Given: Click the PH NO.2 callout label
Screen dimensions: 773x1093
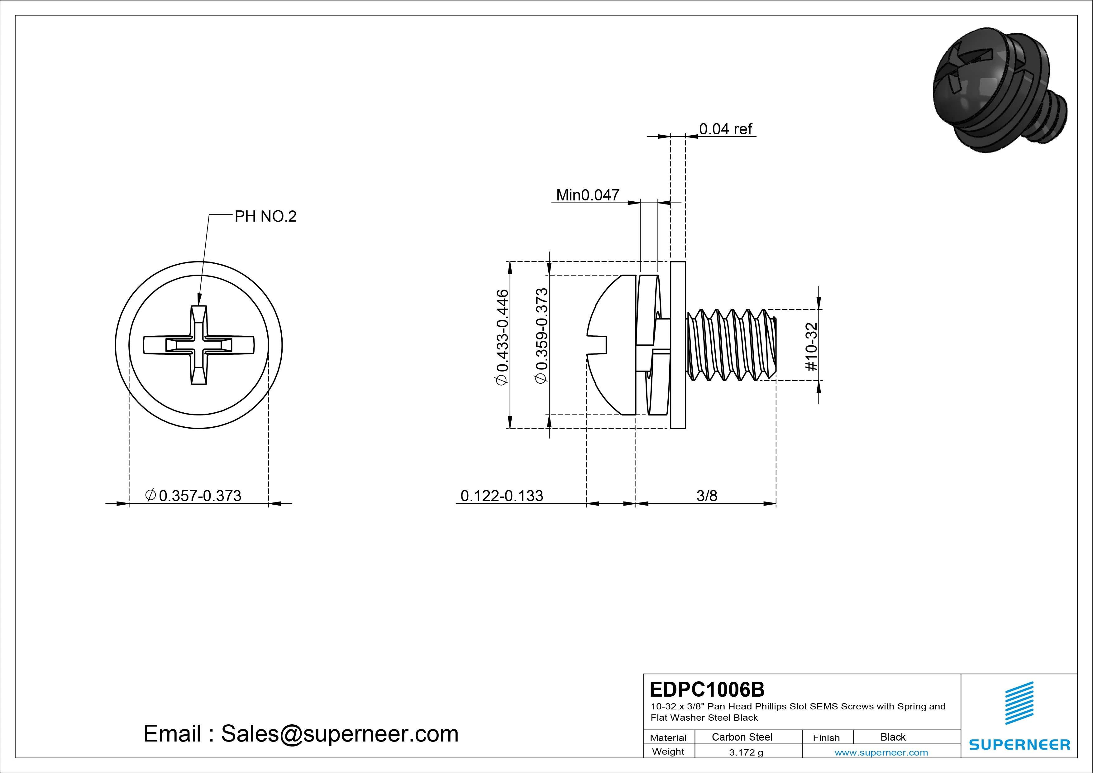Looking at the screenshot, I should point(265,217).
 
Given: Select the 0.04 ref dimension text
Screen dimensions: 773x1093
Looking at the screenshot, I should point(725,129).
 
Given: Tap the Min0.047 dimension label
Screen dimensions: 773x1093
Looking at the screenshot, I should point(587,195).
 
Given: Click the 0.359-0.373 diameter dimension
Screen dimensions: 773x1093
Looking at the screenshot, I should point(542,335).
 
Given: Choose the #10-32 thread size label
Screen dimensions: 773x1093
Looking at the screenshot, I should point(811,347).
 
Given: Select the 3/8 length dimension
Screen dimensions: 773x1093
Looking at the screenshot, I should point(706,496).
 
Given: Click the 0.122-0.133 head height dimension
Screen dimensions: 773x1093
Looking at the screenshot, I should point(501,496).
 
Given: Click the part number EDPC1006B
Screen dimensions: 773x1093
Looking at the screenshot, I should point(707,689).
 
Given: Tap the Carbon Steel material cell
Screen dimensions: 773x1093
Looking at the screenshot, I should point(742,737).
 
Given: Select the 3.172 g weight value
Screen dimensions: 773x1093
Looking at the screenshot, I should point(746,752).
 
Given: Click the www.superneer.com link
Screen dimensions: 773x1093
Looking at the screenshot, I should point(881,752).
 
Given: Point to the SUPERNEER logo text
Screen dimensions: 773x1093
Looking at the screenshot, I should point(1019,744).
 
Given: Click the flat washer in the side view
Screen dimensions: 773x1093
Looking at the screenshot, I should point(678,345).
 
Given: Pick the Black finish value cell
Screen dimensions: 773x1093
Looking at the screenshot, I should point(893,737).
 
